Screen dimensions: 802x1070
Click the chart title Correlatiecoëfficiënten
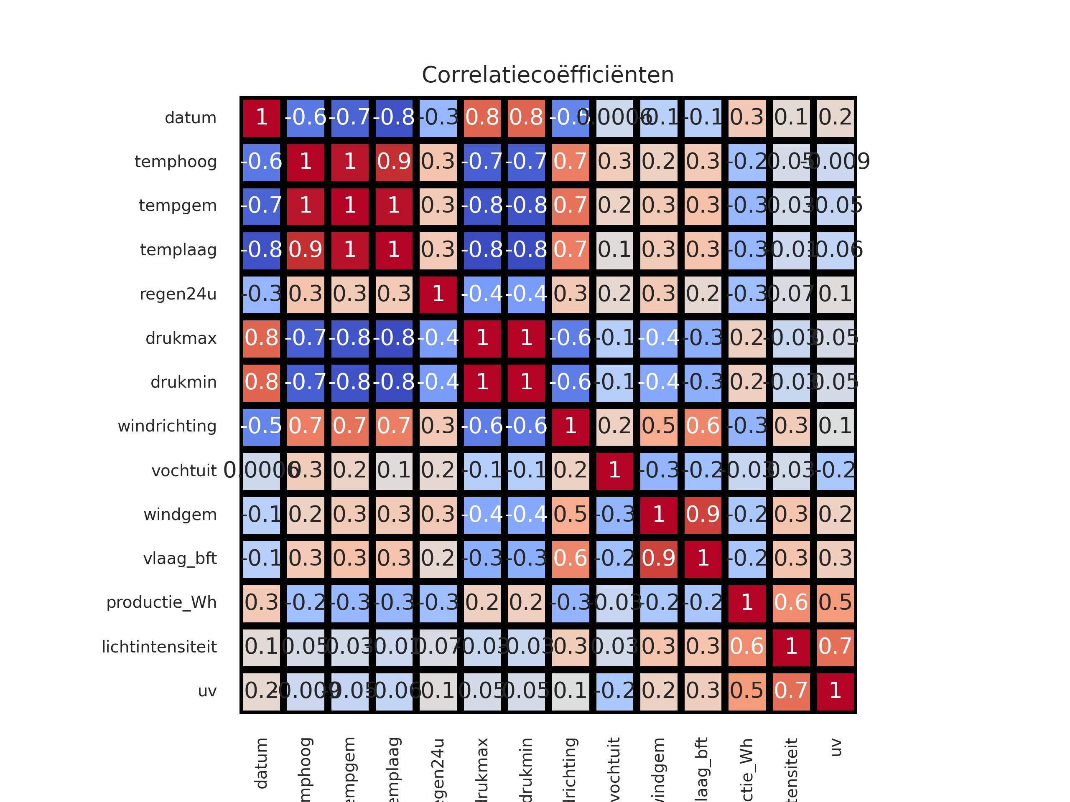pos(548,75)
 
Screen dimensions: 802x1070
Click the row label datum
pos(191,117)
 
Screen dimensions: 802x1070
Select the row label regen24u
pos(178,294)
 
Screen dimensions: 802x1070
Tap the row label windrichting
pos(167,426)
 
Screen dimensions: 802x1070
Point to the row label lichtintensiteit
pos(159,646)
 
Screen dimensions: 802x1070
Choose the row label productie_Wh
pos(162,602)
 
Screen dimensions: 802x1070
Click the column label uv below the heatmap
pos(836,747)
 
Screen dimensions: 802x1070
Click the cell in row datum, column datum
pos(262,117)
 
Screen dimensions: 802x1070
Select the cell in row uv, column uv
pos(836,690)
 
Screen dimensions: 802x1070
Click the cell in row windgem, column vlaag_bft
pos(703,514)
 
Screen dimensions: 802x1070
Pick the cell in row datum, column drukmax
pos(482,117)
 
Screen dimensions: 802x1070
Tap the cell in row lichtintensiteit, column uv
pos(836,646)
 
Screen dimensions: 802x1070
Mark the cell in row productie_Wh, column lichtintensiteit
pos(791,602)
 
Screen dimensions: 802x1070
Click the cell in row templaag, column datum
pos(262,250)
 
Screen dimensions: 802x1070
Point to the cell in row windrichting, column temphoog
pos(306,426)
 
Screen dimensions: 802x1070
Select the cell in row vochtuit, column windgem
pos(659,470)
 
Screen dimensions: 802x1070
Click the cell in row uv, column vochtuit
pos(614,690)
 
